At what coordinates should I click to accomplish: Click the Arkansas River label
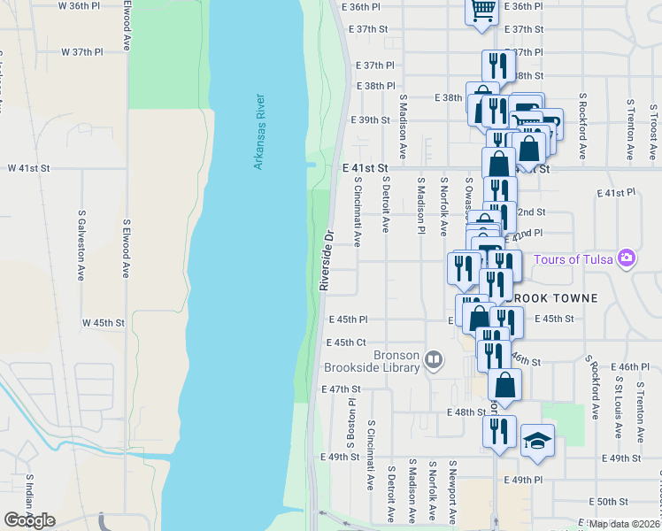click(x=258, y=132)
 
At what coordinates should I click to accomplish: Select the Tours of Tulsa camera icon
click(x=627, y=259)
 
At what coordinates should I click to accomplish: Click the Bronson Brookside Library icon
click(x=434, y=359)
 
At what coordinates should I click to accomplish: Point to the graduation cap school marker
click(x=536, y=440)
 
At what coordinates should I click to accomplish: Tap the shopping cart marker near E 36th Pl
click(x=482, y=11)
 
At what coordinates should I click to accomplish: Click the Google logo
click(x=29, y=520)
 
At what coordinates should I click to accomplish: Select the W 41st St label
click(x=29, y=167)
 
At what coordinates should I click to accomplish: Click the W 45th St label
click(x=103, y=323)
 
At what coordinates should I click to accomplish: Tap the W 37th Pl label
click(x=82, y=52)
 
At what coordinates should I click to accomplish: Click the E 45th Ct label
click(x=346, y=342)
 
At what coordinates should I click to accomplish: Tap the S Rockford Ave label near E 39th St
click(x=582, y=126)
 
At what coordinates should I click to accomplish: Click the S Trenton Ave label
click(x=629, y=129)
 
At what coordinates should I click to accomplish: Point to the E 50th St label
click(x=612, y=502)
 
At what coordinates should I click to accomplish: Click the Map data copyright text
click(x=624, y=524)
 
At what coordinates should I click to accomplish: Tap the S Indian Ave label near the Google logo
click(x=29, y=496)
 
